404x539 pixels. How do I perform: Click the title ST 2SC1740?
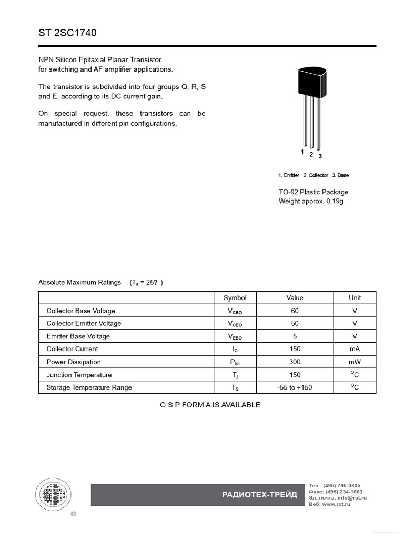coord(67,33)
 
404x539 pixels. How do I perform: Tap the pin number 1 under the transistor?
coord(302,152)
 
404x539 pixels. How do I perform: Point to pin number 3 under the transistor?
coord(320,156)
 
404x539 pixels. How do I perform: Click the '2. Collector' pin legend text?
coord(315,175)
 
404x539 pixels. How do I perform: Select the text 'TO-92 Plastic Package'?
coord(313,192)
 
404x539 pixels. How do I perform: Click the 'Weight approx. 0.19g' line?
coord(310,201)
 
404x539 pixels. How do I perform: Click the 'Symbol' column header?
coord(235,297)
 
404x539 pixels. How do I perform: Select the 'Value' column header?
coord(295,297)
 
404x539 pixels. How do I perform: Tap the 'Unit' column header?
coord(355,297)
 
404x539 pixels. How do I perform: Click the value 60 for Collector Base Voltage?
coord(295,311)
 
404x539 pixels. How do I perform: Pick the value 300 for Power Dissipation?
coord(295,362)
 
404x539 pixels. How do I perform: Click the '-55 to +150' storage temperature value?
coord(295,388)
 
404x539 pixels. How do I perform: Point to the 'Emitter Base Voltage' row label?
coord(78,336)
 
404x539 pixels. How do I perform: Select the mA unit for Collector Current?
coord(355,349)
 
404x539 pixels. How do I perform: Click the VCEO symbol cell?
coord(235,324)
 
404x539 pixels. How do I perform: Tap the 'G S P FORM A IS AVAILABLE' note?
coord(210,405)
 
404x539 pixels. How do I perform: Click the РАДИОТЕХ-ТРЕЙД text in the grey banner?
coord(259,495)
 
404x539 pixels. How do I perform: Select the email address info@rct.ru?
coord(352,497)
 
